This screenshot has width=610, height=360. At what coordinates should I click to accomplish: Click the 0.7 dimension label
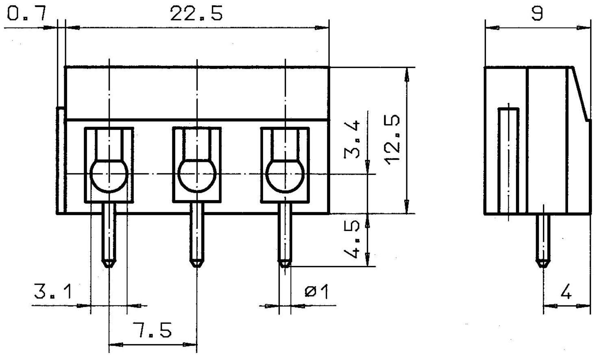point(27,14)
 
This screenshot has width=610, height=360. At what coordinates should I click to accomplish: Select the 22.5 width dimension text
point(196,14)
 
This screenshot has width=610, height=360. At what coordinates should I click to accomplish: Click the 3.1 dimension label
point(53,292)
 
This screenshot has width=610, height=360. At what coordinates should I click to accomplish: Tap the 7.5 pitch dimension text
point(152,330)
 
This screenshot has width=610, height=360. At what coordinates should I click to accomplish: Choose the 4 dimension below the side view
point(566,292)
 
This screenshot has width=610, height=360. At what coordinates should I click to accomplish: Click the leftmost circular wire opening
point(109,175)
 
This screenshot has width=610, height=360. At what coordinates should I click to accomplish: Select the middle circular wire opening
point(197,175)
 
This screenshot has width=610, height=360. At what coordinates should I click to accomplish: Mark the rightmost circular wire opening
point(285,175)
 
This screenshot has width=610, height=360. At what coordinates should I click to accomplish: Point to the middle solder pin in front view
point(197,236)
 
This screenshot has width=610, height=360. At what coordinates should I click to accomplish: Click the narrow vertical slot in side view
point(508,161)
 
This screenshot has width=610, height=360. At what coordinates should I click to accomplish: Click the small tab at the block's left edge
point(60,160)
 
